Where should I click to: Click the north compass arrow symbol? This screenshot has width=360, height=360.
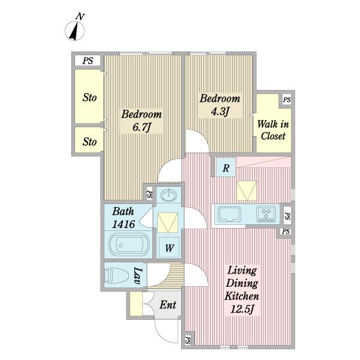point(75,31)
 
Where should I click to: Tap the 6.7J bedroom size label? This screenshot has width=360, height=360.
point(142,127)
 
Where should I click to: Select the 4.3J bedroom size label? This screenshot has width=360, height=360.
point(220,112)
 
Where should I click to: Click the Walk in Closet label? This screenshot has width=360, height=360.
point(273,130)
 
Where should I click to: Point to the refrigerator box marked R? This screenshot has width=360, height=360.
point(226,167)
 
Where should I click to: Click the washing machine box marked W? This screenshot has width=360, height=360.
point(169,247)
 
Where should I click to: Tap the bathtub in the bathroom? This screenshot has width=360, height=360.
point(129,245)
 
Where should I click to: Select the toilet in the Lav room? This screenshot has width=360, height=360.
point(116,275)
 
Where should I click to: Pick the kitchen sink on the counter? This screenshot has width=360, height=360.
point(229,214)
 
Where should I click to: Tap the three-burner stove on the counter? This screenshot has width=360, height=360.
point(266,214)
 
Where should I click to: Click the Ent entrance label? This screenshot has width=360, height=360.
point(168,305)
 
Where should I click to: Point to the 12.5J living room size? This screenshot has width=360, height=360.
point(242,309)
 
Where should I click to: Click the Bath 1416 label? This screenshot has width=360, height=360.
point(123,218)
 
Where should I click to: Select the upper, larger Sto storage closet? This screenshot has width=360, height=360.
point(89,97)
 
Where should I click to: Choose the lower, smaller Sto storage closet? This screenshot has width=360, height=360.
point(89,140)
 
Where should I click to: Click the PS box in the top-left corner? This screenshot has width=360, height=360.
point(88,61)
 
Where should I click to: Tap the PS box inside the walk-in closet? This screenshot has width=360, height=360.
point(287,100)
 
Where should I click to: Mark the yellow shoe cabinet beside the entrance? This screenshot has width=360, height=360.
point(136,304)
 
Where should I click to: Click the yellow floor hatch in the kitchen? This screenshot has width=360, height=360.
point(247,190)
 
